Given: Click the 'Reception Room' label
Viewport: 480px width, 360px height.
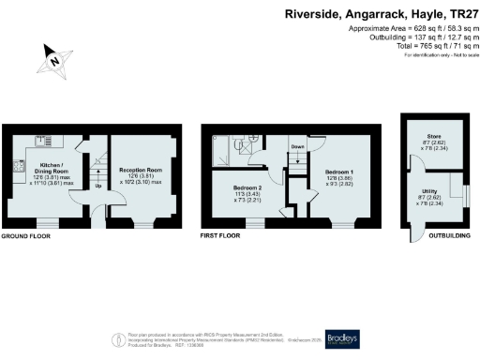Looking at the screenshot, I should [x=137, y=172].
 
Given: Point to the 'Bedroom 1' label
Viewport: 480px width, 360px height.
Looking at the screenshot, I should [x=338, y=174].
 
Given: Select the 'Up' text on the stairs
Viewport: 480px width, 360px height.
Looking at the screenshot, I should [x=97, y=185].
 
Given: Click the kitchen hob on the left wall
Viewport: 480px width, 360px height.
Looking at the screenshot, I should [x=18, y=167].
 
